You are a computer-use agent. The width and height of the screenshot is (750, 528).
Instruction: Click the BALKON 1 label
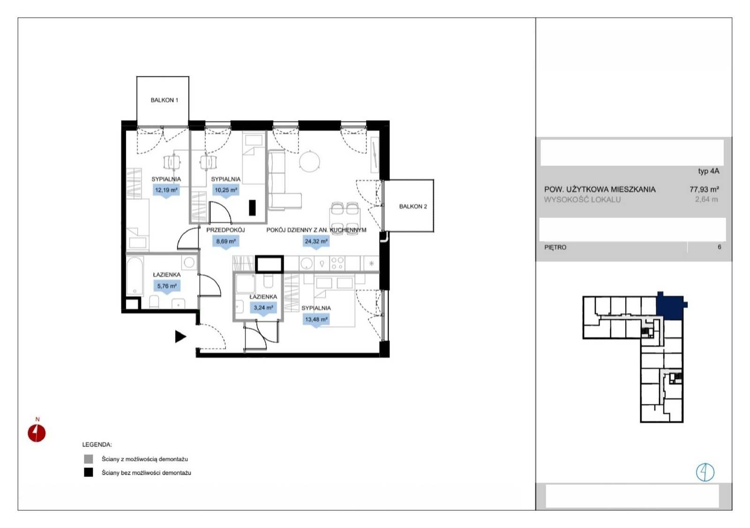[x=164, y=100]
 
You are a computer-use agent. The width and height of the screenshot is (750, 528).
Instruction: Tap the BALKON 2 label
[x=413, y=206]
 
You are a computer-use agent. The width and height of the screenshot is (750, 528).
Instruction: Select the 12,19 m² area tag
[x=166, y=190]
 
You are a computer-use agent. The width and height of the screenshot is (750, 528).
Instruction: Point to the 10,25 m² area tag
[x=225, y=190]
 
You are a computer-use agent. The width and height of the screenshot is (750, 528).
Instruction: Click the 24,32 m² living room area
[x=316, y=242]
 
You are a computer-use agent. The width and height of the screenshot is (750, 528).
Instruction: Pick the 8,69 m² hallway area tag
[x=225, y=242]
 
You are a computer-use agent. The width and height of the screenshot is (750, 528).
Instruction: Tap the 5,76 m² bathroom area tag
[x=167, y=286]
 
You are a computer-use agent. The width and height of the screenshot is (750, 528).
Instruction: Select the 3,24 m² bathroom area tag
[x=263, y=308]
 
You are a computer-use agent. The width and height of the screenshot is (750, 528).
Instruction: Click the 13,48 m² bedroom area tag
[x=316, y=320]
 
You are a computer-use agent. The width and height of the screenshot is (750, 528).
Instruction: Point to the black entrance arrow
[x=180, y=337]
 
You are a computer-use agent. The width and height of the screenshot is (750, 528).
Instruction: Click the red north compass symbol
[x=37, y=433]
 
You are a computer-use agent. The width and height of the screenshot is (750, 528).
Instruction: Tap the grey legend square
[x=89, y=459]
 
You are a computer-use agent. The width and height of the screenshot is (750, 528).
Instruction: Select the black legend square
[x=89, y=472]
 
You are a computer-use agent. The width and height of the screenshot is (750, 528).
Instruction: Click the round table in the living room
[x=309, y=161]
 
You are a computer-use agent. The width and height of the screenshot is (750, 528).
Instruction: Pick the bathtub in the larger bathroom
[x=135, y=276]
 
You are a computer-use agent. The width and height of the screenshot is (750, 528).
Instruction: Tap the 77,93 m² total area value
[x=704, y=189]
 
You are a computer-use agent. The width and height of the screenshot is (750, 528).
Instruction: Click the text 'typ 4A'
[x=708, y=171]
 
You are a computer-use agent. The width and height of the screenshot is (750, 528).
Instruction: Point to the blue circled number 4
[x=705, y=472]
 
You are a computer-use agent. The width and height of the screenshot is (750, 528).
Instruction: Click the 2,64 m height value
[x=706, y=199]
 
